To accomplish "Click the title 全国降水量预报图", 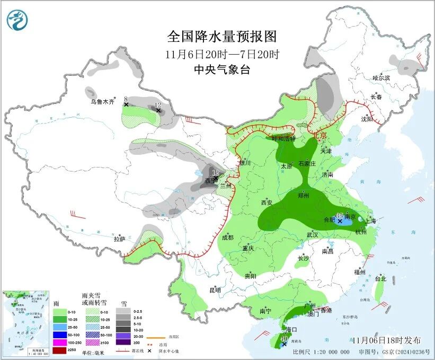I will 222,37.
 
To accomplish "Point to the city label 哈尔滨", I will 380,78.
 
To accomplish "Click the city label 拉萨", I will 119,239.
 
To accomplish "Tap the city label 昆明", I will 215,290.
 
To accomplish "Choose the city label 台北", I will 380,278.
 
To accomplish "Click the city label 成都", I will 227,238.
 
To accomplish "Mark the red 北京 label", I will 320,135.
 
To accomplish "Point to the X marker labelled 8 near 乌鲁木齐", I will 126,104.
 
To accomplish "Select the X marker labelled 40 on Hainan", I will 285,344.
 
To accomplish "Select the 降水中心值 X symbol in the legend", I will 149,351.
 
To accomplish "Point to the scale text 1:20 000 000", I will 329,352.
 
